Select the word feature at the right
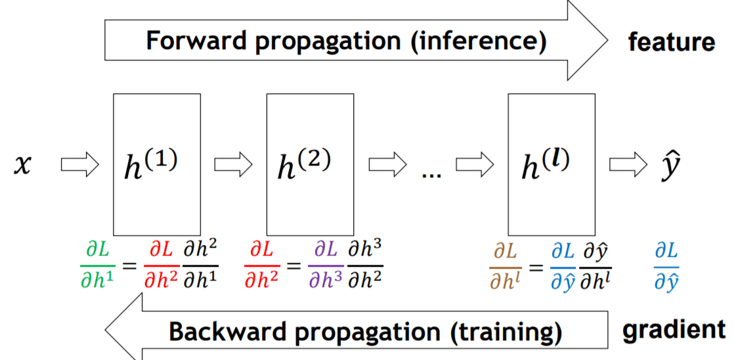[672, 43]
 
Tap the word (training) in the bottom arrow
[506, 332]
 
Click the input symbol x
[22, 165]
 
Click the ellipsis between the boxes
[431, 175]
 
